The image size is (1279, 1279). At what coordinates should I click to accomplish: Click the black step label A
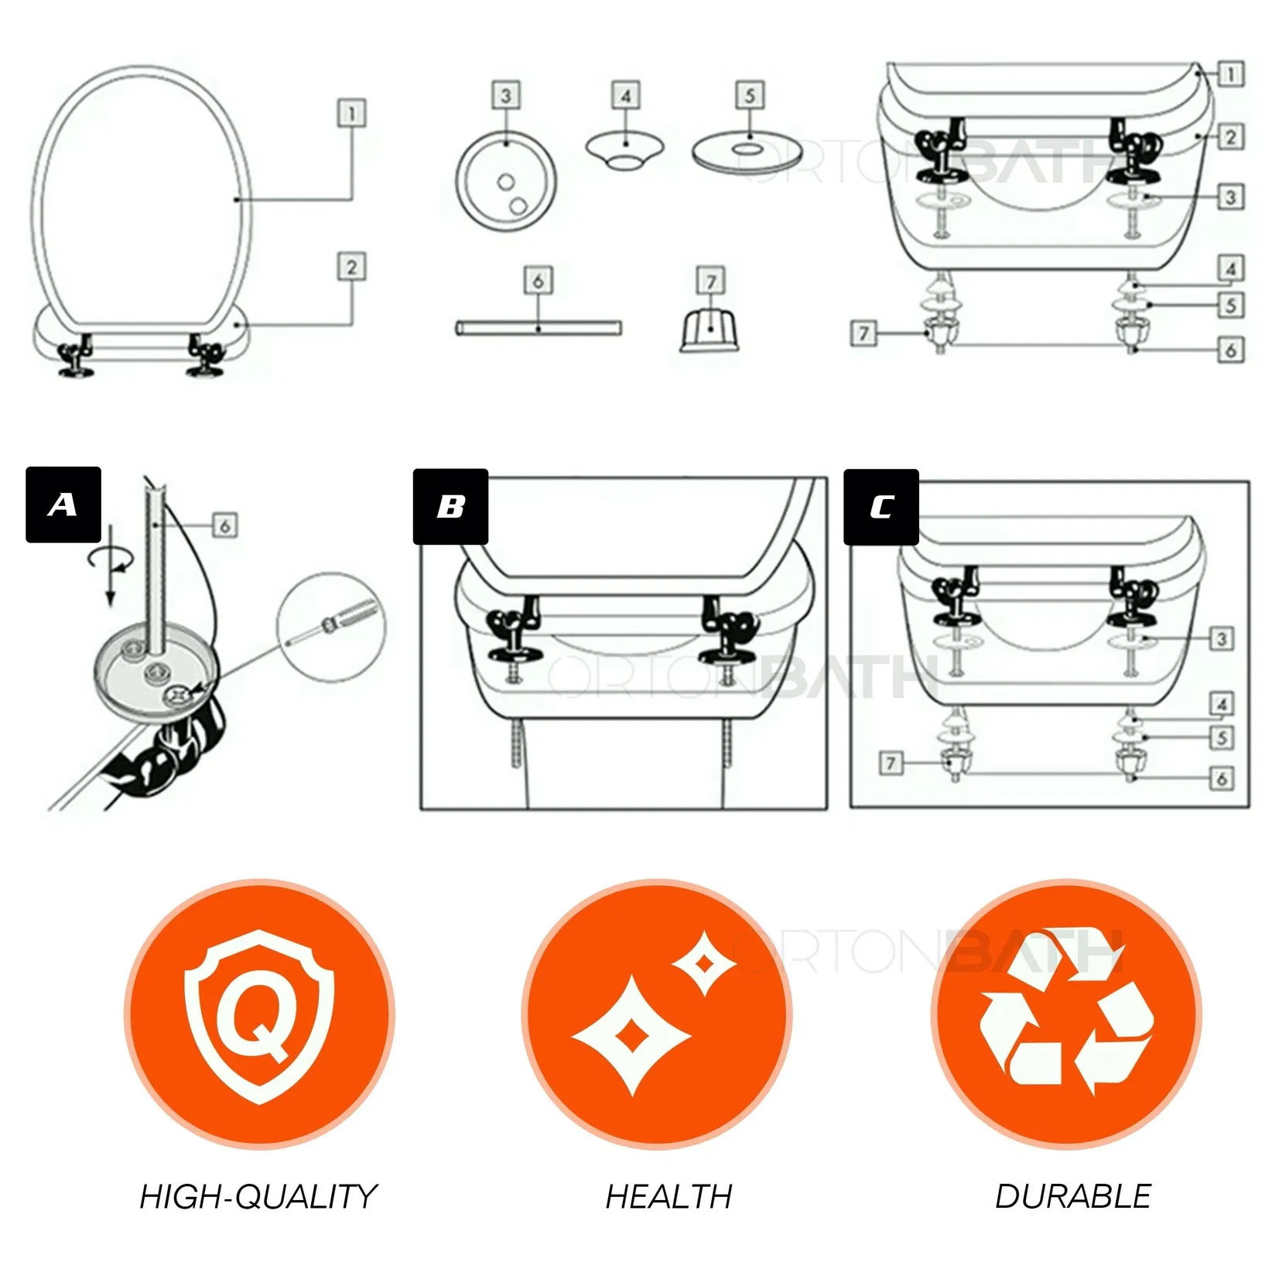coord(63,504)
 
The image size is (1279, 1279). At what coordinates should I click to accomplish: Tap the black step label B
coord(450,506)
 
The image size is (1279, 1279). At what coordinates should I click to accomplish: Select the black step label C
coord(881,507)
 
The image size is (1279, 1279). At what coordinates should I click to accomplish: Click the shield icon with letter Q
coord(259,1016)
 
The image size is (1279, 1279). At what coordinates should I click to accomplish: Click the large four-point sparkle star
coord(631,1035)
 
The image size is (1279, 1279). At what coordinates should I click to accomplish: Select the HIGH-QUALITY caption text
coord(258,1196)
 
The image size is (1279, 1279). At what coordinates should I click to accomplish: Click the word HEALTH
coord(669,1196)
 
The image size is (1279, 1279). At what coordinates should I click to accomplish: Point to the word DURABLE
coord(1073,1196)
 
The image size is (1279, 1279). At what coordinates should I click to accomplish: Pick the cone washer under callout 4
coord(624,150)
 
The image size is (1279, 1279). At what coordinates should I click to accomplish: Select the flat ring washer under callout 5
coord(748,152)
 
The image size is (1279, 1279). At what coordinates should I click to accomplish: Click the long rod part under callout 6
coord(539,328)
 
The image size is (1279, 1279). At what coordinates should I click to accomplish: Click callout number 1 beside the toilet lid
coord(352,114)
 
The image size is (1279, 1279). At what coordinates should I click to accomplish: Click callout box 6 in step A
coord(224,526)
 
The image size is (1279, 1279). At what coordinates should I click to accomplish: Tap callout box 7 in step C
coord(891,764)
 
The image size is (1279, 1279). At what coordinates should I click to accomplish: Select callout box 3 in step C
coord(1222,639)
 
